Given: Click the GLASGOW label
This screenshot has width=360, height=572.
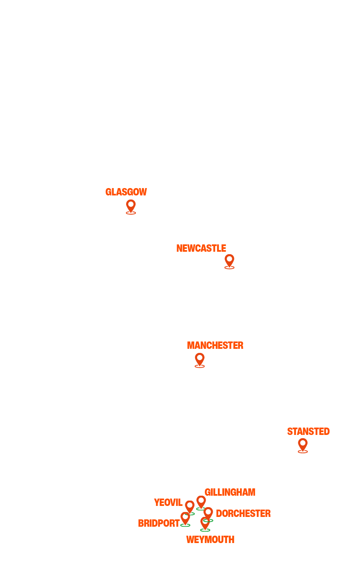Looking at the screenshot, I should (126, 192).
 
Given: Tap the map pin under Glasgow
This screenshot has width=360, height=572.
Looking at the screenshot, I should (131, 206).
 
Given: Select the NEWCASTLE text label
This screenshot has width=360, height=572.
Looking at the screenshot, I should (201, 248).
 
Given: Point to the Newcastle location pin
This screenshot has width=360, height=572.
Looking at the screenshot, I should (229, 260).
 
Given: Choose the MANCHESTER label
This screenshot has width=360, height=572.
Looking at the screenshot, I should (215, 346).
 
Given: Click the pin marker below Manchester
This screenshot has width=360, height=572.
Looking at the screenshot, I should (200, 359).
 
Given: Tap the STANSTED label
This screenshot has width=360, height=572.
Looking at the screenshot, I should (308, 432).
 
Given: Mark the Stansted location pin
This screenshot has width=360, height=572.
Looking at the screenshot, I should (302, 444).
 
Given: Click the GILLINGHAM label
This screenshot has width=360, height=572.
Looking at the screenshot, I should (230, 492).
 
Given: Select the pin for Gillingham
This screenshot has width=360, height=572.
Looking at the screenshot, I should (201, 501).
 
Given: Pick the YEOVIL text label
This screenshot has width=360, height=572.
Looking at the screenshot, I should (168, 503).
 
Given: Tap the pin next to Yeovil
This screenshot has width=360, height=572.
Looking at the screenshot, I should (190, 507).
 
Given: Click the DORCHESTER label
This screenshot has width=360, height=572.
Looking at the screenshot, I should (243, 514).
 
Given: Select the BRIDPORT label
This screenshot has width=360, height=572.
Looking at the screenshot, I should (158, 523).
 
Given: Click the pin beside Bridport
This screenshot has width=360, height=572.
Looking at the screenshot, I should (185, 518).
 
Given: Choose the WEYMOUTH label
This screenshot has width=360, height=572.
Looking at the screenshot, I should (210, 540).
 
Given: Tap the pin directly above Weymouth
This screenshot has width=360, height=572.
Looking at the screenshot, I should (205, 523).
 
